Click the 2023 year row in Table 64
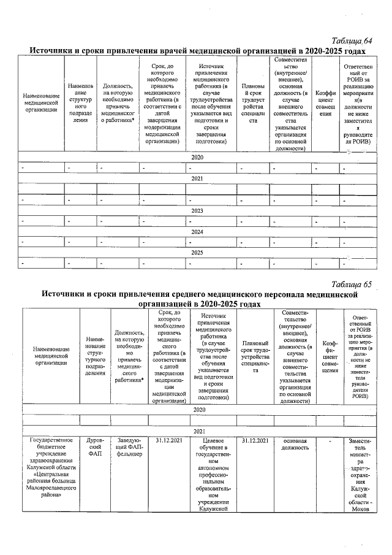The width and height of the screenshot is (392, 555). coord(197,210)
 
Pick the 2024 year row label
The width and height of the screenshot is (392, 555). coord(197,232)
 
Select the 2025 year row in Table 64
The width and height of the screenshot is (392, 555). coord(197,253)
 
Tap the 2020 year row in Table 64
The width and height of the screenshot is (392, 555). coord(197,158)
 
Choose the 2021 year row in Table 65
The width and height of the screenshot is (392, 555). coord(198,431)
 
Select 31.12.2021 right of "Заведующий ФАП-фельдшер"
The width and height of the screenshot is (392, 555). coord(168,440)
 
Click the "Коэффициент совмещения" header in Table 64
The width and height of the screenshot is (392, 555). coord(325,103)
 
